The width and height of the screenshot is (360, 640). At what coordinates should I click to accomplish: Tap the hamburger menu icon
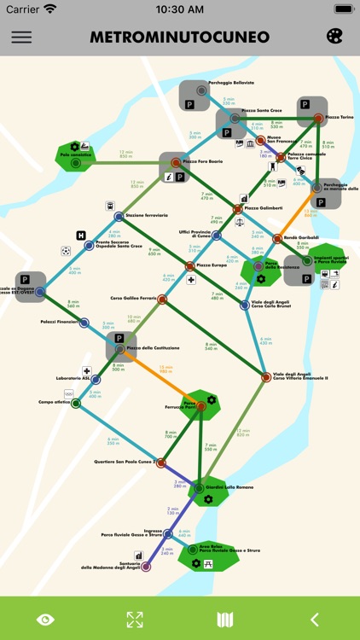[x=21, y=38]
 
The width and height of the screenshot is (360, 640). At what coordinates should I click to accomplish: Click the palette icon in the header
[x=334, y=37]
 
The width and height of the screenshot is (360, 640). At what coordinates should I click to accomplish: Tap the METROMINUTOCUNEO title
[x=179, y=38]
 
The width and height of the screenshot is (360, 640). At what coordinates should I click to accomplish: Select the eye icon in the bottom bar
[x=44, y=620]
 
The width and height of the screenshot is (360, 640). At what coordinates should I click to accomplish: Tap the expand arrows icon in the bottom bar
[x=135, y=620]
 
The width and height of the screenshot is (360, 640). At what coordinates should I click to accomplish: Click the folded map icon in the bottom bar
[x=225, y=620]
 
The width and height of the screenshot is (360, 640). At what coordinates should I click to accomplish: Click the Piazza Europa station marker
[x=190, y=265]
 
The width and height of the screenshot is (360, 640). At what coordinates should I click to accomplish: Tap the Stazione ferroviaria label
[x=147, y=216]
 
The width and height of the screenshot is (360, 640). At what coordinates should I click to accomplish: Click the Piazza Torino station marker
[x=318, y=118]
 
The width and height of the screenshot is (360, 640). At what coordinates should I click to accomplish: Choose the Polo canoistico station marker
[x=75, y=162]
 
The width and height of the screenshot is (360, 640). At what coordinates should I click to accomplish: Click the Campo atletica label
[x=53, y=402]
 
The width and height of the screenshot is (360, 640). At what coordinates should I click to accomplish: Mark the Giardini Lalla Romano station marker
[x=198, y=488]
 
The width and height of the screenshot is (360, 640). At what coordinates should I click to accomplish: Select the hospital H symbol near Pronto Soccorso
[x=81, y=236]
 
